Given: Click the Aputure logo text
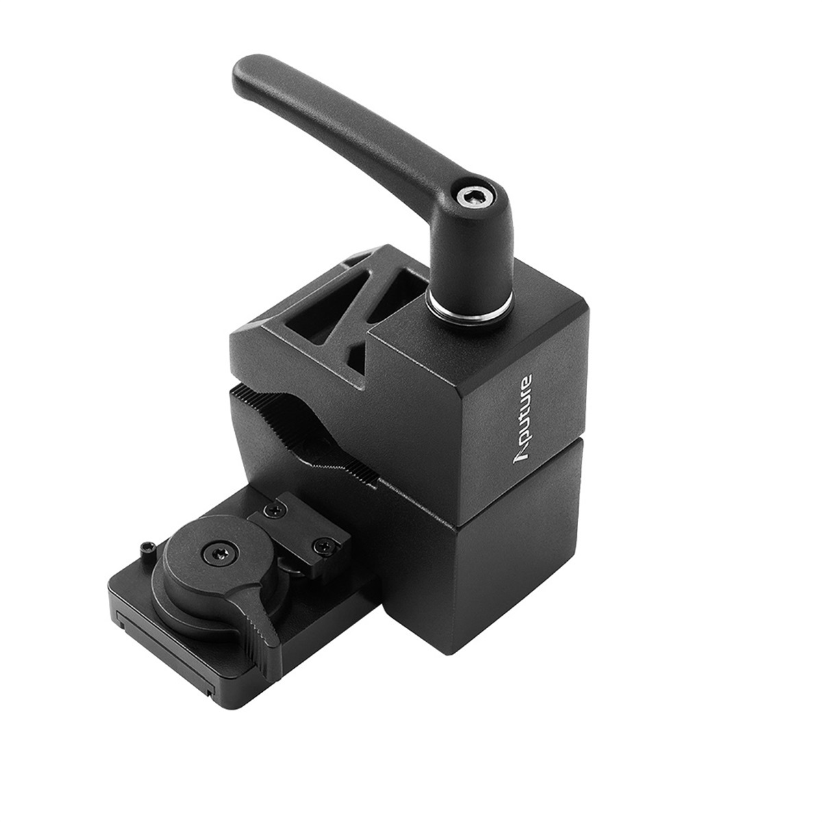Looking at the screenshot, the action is [523, 418].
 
